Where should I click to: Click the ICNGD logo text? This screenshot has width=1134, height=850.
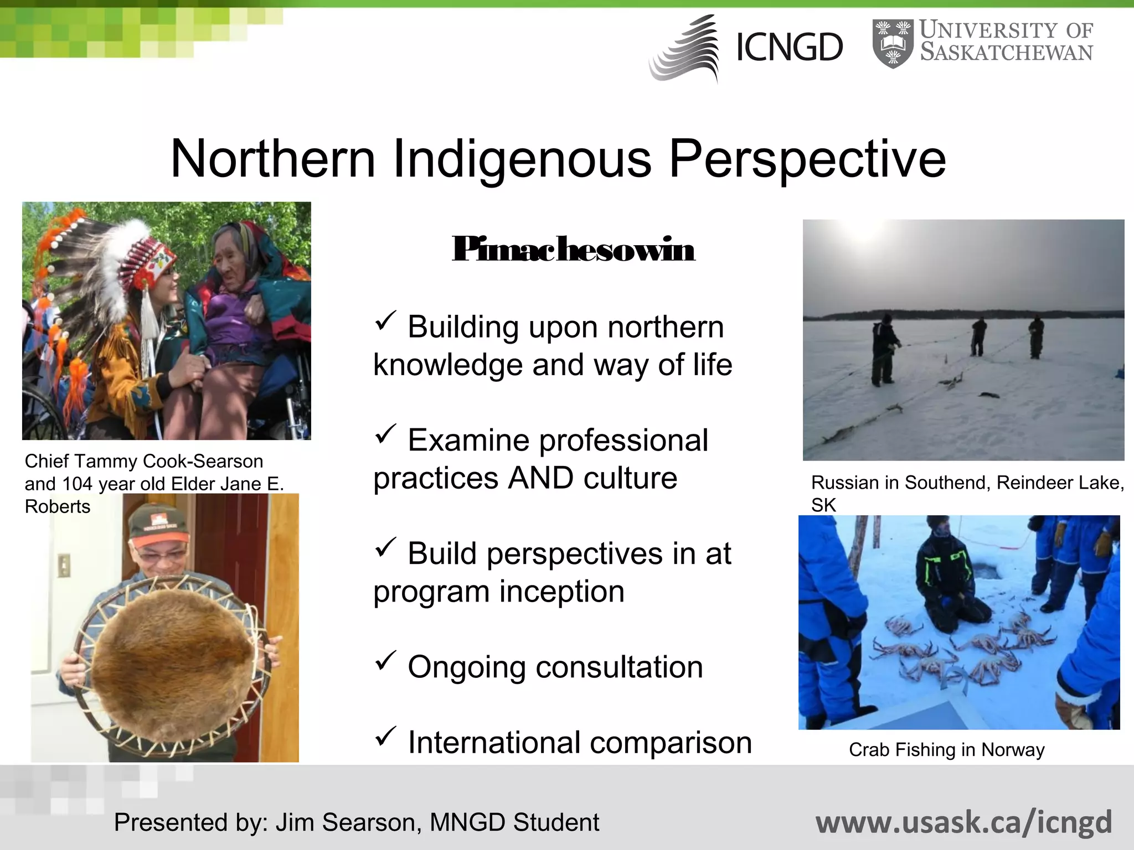[789, 48]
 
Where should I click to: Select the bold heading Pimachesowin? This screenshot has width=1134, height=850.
[573, 250]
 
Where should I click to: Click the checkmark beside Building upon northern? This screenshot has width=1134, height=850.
[385, 320]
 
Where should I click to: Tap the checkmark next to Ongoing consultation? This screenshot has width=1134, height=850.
[385, 660]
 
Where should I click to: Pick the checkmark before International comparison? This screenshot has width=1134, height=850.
[385, 736]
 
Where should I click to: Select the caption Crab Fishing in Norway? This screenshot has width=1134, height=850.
[946, 750]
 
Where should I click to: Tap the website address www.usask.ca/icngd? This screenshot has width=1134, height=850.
[963, 822]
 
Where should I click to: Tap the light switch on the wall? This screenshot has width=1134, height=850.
[64, 565]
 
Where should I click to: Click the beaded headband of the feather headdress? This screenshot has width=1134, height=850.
[150, 263]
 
